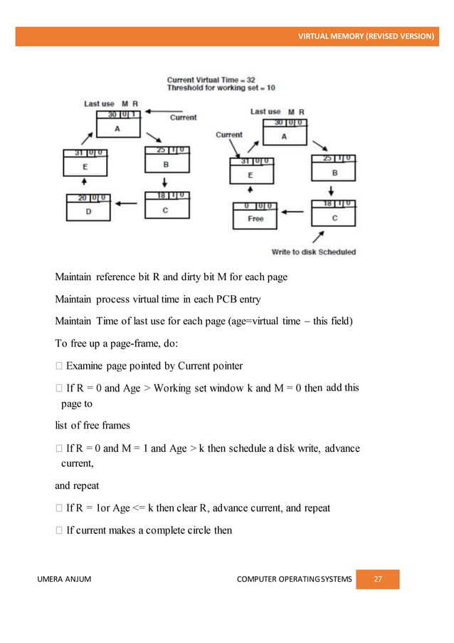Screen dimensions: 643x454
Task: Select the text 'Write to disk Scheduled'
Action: (314, 252)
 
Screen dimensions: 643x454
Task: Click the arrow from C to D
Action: (127, 203)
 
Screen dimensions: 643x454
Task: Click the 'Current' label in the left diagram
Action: (183, 118)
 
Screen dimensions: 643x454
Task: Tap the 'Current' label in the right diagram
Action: (229, 134)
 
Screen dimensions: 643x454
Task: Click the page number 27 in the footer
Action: (378, 579)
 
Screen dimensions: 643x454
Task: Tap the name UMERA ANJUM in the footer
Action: (64, 579)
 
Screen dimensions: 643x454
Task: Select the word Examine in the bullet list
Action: (85, 366)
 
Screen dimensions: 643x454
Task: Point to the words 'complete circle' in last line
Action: (180, 530)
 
